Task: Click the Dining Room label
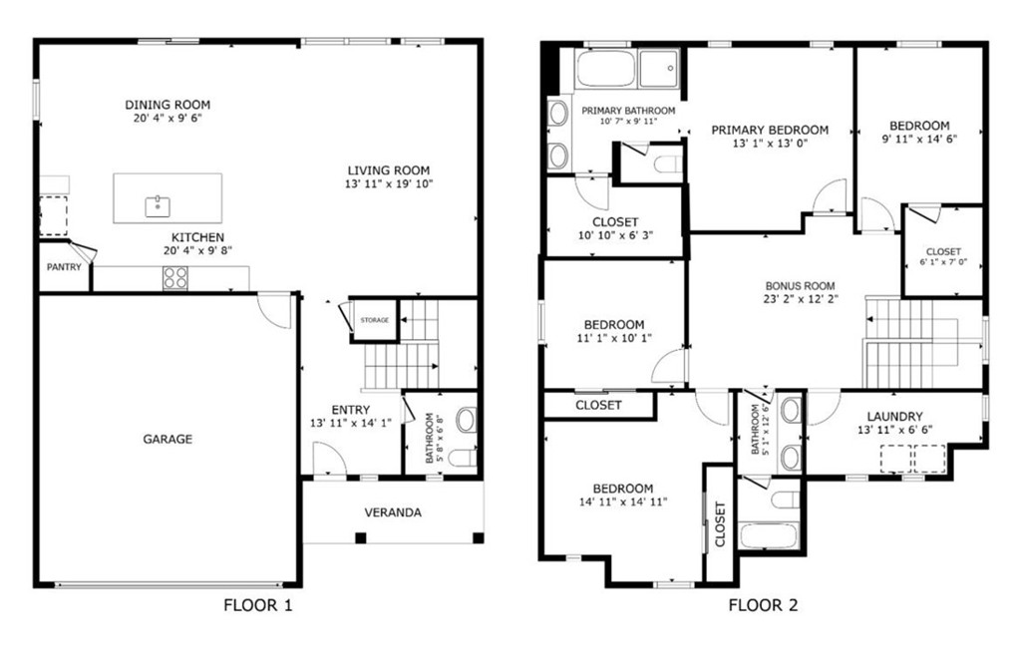point(168,105)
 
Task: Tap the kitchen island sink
point(158,206)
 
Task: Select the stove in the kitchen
point(175,278)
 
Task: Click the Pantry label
point(64,267)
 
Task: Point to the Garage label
point(168,439)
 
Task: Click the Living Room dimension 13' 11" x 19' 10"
point(389,184)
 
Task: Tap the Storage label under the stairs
point(375,320)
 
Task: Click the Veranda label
point(393,512)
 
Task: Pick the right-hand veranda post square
point(478,537)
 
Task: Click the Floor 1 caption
point(258,606)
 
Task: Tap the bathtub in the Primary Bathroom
point(605,69)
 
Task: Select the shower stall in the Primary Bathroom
point(659,69)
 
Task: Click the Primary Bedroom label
point(770,131)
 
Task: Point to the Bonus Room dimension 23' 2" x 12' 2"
point(801,299)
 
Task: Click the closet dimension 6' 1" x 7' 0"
point(943,262)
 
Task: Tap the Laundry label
point(894,416)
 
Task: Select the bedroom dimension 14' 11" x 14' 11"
point(622,502)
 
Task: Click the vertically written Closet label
point(720,523)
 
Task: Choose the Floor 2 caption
point(763,606)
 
